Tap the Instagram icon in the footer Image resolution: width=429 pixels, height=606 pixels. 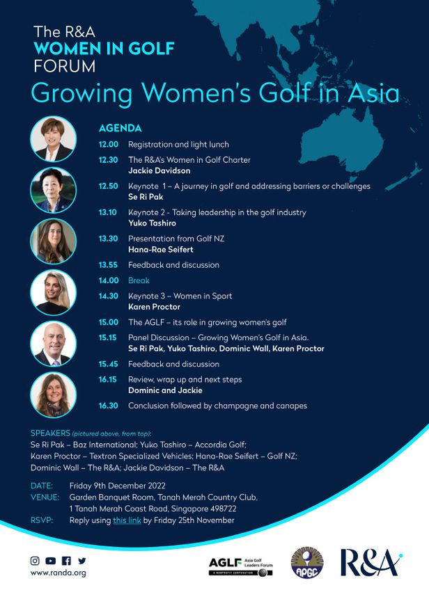point(35,560)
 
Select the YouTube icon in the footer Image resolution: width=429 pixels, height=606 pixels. point(50,560)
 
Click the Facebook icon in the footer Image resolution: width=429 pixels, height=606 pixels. point(66,560)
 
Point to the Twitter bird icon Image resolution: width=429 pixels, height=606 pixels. point(82,560)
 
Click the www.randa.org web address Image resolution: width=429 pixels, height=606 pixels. point(58,573)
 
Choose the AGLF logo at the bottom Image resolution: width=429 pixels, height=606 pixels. point(240,566)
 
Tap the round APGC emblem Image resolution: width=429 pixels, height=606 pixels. point(306,562)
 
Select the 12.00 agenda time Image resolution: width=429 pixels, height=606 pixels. point(109,145)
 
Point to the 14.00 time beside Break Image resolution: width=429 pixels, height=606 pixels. point(109,281)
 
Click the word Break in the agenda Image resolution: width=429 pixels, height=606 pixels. point(139,281)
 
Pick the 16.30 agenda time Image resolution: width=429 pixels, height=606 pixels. point(109,406)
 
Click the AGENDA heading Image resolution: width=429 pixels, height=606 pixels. point(120,129)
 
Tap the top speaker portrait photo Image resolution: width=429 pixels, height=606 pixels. point(54,139)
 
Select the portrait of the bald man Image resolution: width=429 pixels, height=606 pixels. point(54,344)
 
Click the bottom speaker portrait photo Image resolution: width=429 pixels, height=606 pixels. point(54,394)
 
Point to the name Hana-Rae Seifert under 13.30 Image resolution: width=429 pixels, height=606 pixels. point(161,249)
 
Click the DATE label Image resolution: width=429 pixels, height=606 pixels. point(42,485)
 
